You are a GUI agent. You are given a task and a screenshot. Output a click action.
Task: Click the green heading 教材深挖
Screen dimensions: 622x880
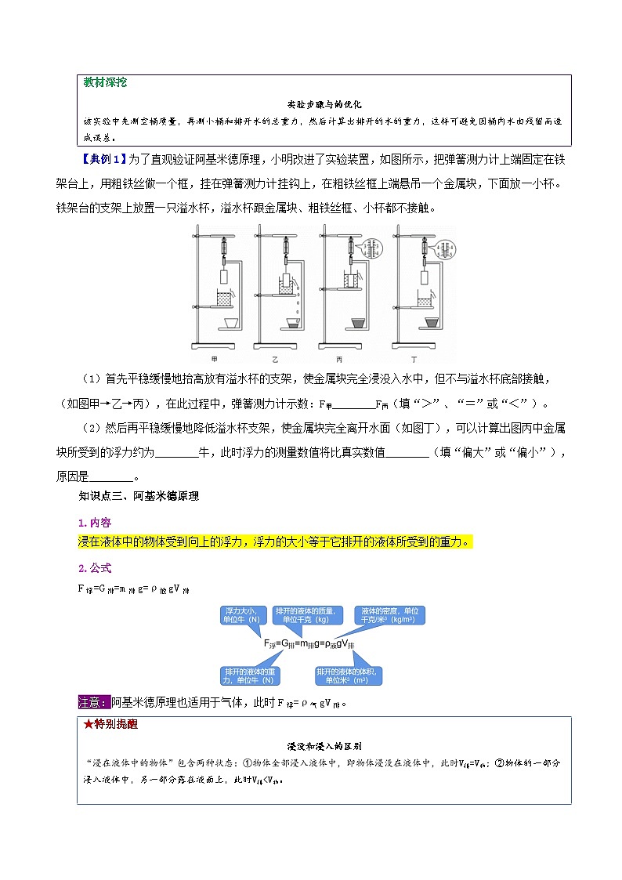tap(105, 82)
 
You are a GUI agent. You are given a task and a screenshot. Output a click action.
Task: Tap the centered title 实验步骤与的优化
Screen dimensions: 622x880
tap(324, 104)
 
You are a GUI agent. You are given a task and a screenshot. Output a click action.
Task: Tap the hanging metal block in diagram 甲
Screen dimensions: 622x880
tap(223, 276)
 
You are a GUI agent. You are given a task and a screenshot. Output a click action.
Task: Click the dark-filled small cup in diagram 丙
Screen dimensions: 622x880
tap(358, 322)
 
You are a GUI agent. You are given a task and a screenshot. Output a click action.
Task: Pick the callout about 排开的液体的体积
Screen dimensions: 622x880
tap(347, 674)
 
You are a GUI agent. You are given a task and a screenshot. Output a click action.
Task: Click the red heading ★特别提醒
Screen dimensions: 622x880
tap(110, 724)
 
